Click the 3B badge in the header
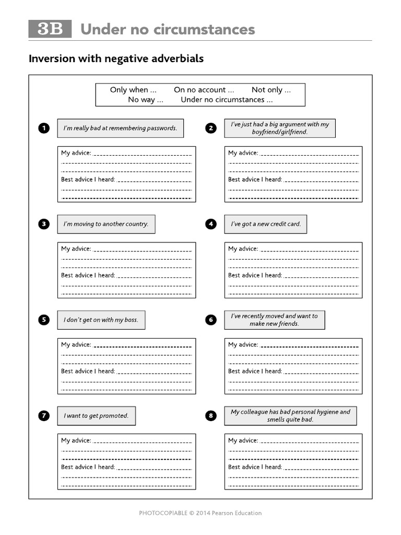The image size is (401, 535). click(50, 29)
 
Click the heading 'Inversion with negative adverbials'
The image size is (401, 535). click(116, 59)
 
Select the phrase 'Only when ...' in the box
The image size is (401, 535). click(133, 90)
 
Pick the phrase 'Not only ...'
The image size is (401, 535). click(271, 90)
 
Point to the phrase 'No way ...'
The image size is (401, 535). click(146, 100)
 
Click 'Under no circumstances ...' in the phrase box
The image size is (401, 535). click(227, 100)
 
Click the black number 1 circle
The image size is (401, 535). click(44, 128)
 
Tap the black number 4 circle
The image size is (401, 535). click(211, 224)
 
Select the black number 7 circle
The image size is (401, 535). click(44, 416)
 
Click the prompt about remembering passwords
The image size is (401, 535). click(120, 128)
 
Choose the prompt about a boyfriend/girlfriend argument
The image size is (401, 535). click(280, 128)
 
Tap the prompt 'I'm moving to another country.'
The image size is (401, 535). click(106, 224)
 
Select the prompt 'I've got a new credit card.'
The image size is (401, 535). click(266, 224)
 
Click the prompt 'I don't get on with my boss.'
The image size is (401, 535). click(101, 320)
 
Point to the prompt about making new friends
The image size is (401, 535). click(274, 320)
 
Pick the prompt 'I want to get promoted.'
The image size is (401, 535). click(96, 416)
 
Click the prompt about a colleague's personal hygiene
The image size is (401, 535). click(290, 416)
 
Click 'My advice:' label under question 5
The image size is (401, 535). click(76, 345)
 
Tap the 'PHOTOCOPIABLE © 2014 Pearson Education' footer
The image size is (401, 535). click(200, 513)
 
